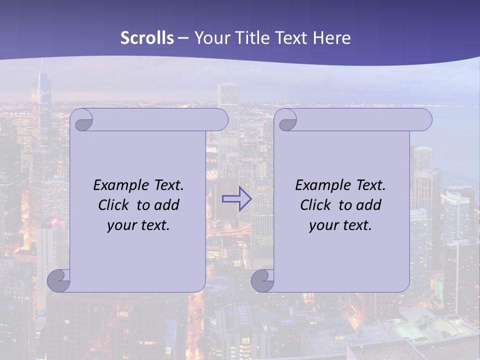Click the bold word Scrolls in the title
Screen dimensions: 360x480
(x=147, y=38)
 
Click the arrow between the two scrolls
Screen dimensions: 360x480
(x=236, y=199)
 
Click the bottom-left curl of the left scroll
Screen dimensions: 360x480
(x=58, y=280)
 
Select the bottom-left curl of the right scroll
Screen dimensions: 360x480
(x=262, y=280)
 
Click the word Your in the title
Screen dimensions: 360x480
(x=210, y=38)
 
